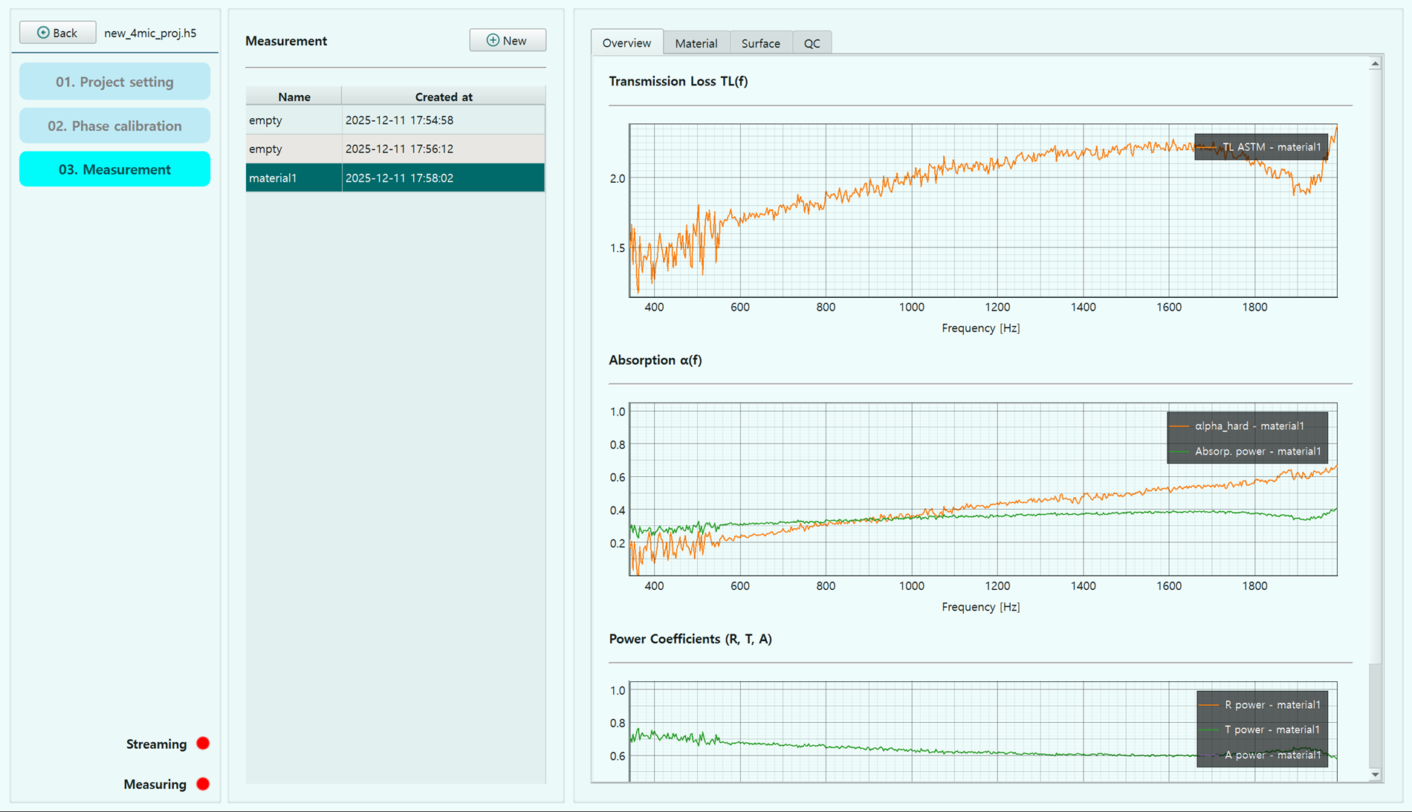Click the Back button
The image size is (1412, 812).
57,33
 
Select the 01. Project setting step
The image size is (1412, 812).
114,82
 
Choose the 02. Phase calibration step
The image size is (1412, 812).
114,126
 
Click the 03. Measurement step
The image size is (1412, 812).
114,169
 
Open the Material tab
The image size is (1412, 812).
696,43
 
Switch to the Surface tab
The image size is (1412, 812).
761,43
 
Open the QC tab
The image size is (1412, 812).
812,43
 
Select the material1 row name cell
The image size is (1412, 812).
294,178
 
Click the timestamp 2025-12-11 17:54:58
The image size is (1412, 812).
399,120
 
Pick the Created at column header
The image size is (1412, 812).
444,97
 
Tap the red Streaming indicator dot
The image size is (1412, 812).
203,744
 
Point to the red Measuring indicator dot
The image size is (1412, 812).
203,784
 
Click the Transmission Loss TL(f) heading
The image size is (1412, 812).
679,81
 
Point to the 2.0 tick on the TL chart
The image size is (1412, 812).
618,178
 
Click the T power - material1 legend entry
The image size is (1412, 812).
1262,730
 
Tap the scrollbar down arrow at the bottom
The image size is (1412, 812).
1375,775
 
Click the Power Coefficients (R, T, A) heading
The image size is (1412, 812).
690,639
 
